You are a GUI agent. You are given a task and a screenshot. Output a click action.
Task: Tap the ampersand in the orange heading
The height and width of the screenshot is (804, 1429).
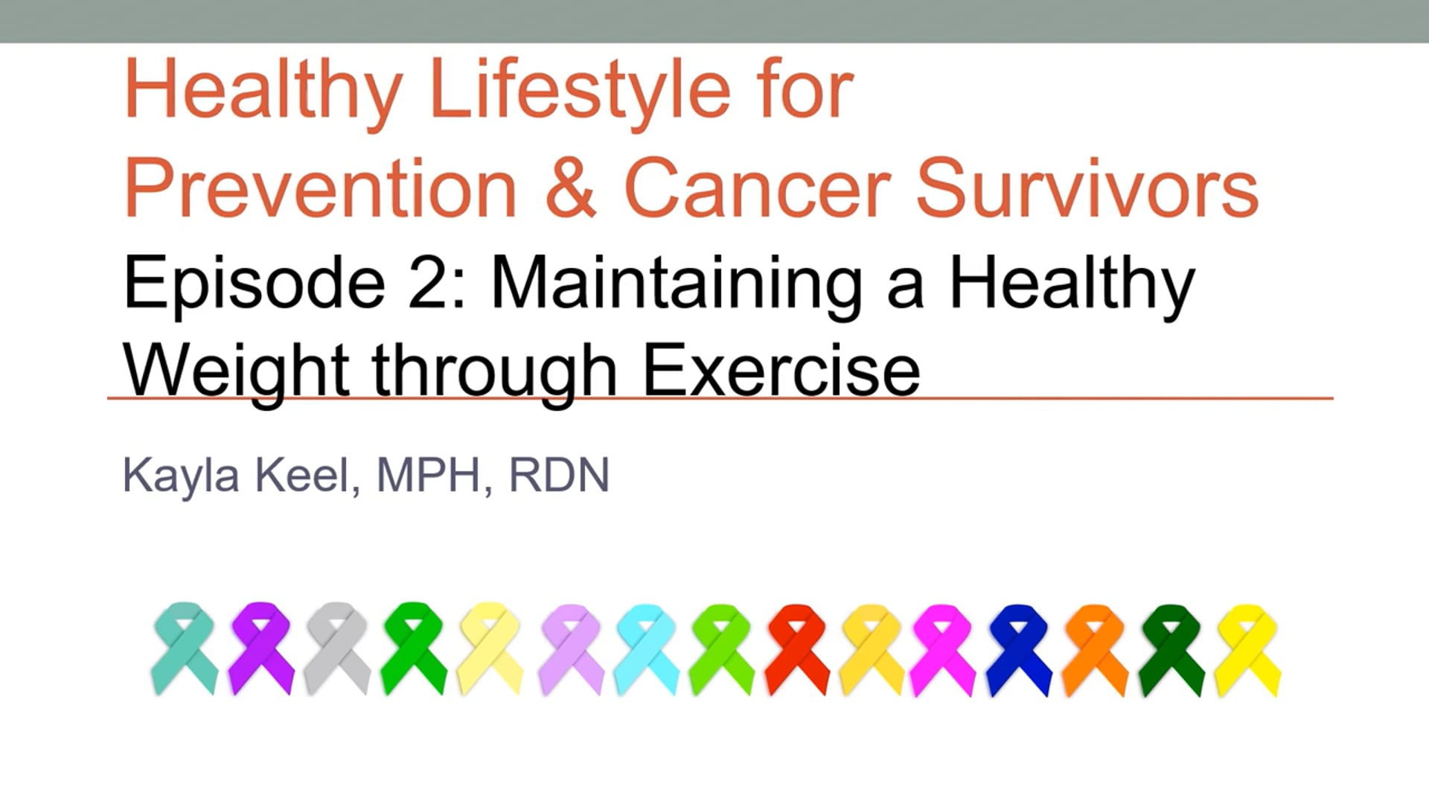[571, 188]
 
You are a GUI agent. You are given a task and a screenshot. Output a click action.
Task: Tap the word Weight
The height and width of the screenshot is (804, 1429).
[236, 371]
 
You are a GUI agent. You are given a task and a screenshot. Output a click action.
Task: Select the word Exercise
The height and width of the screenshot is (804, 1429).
[781, 371]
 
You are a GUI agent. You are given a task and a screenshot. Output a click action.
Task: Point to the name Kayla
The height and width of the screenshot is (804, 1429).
[180, 475]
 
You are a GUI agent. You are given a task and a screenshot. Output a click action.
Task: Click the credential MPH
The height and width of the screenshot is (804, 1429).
[429, 475]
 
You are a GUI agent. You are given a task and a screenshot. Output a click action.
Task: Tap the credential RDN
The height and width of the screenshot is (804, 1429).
[559, 475]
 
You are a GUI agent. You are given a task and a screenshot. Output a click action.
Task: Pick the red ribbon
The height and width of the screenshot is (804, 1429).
[797, 648]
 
